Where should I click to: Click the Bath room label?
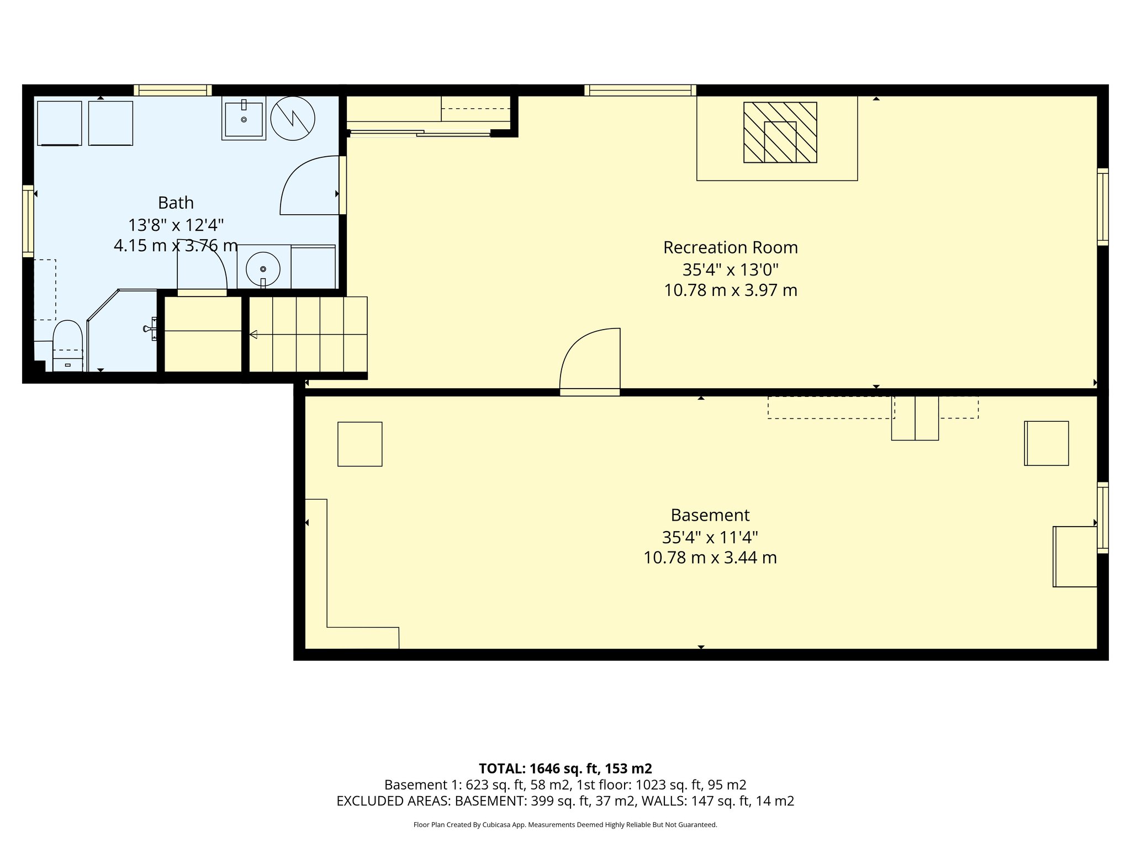coord(176,203)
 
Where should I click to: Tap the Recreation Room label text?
coord(730,248)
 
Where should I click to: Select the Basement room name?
coord(710,515)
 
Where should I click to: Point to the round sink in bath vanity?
coord(263,269)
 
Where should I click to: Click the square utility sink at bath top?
coord(244,118)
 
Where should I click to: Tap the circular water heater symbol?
coord(293,118)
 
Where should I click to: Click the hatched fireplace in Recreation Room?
coord(780,132)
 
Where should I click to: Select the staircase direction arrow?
coord(253,335)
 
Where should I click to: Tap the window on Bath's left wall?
coord(28,221)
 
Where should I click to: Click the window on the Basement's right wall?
coord(1102,517)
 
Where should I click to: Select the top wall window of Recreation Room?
coord(640,90)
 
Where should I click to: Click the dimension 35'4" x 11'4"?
coord(710,537)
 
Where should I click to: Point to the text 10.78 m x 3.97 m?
coord(730,290)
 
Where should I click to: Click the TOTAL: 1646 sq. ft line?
coord(565,768)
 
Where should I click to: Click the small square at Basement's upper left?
coord(360,444)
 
